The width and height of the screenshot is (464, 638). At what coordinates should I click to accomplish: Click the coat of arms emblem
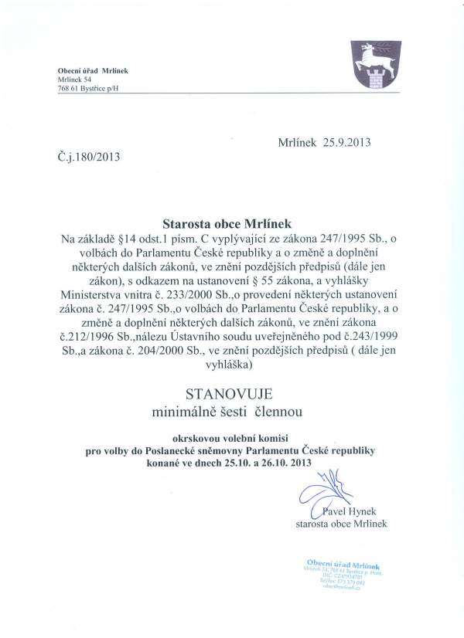pyautogui.click(x=369, y=66)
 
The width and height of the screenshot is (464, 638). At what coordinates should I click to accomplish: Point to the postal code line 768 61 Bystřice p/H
pyautogui.click(x=89, y=90)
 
